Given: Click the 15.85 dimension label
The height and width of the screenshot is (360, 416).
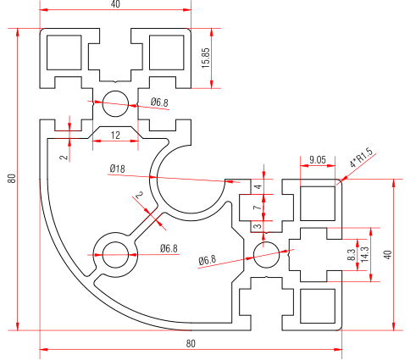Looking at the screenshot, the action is click(206, 58).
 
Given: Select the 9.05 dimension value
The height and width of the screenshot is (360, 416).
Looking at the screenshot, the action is click(318, 160).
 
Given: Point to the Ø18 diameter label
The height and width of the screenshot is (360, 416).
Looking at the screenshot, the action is click(117, 169).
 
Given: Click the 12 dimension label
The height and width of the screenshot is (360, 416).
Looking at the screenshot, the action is click(115, 136).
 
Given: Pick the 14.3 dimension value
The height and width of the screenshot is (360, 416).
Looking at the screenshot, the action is click(364, 254).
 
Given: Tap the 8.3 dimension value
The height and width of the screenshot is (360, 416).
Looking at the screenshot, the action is click(352, 254).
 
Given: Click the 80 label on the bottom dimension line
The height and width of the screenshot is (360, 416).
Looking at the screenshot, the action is click(191, 344).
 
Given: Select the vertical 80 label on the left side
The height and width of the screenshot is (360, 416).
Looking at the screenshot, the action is click(12, 178).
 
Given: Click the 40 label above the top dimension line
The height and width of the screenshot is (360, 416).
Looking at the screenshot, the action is click(115, 4).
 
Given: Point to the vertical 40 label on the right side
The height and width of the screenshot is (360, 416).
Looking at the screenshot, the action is click(388, 255).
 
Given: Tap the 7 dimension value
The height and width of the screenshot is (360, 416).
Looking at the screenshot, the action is click(258, 208).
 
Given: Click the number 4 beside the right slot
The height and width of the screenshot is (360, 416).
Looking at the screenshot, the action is click(258, 186).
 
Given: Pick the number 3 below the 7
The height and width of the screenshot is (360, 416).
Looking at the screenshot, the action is click(258, 226).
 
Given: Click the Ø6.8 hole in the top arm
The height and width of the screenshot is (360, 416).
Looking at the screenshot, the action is click(115, 103).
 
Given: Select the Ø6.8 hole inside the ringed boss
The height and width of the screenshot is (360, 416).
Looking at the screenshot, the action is click(115, 255).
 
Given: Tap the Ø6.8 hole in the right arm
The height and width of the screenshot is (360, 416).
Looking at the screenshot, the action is click(267, 255).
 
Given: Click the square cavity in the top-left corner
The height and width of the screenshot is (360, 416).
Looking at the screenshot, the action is click(64, 53).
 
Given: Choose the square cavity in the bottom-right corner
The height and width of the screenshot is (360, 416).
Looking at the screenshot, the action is click(318, 306).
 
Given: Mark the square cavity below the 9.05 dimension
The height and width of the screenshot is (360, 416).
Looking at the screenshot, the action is click(318, 203).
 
